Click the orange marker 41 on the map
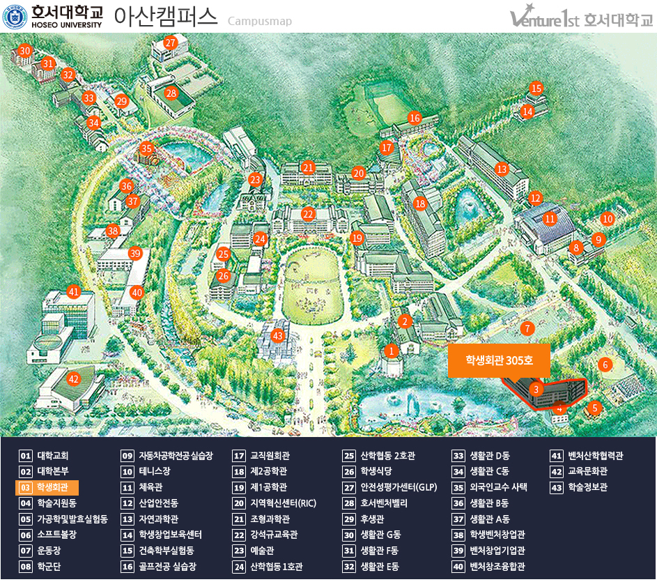coord(74,292)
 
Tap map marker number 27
coord(171,43)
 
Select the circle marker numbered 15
coord(536,89)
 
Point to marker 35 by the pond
coord(146,148)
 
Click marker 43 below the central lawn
coord(278,336)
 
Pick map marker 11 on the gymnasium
coord(550,219)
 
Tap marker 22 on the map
coord(308,214)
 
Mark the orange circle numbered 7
coord(527,328)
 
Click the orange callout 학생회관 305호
coord(499,360)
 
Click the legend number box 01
coord(26,456)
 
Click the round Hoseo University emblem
coord(15,17)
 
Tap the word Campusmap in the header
coord(259,22)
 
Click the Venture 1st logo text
coord(546,18)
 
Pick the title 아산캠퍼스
coord(164,17)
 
